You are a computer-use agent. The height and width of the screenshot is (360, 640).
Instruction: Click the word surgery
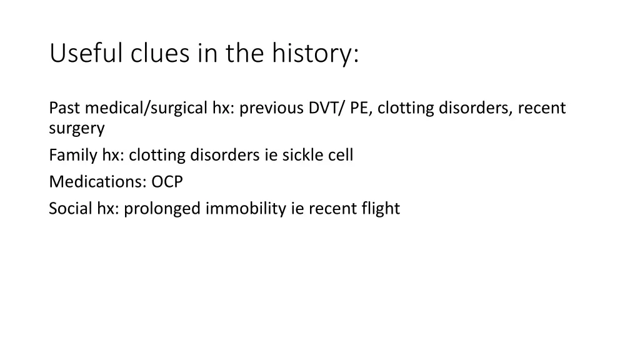(76, 129)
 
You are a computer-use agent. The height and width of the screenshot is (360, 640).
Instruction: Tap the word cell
(341, 155)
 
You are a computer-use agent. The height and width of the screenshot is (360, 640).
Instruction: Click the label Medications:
(97, 182)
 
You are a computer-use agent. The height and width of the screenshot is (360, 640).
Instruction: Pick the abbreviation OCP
(167, 182)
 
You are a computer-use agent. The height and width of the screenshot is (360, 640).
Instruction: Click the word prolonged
(162, 209)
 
